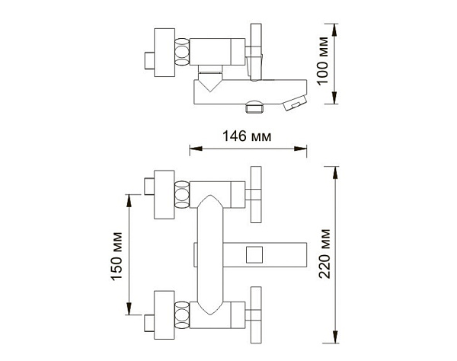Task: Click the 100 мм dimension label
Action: pos(323,61)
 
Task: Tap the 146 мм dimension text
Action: pos(247,136)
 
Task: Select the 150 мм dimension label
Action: pos(117,257)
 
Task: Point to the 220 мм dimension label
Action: pos(324,254)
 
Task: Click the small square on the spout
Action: pos(254,254)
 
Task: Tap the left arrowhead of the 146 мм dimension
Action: pos(196,149)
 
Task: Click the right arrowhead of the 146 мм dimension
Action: pos(301,149)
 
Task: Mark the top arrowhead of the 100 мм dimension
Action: pos(335,30)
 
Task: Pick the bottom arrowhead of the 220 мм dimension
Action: pos(335,337)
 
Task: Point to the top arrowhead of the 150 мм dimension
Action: pos(129,201)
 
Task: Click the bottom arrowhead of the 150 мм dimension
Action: pos(129,308)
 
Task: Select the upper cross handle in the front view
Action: pos(254,195)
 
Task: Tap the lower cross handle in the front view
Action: pos(254,315)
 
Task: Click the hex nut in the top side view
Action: pos(182,52)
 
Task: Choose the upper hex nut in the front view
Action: pos(182,195)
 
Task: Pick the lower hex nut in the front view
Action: pos(182,315)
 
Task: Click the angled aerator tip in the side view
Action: pos(294,103)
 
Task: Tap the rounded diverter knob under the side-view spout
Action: pos(254,107)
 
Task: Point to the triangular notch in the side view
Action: pos(210,82)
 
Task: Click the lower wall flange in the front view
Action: pos(164,315)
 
